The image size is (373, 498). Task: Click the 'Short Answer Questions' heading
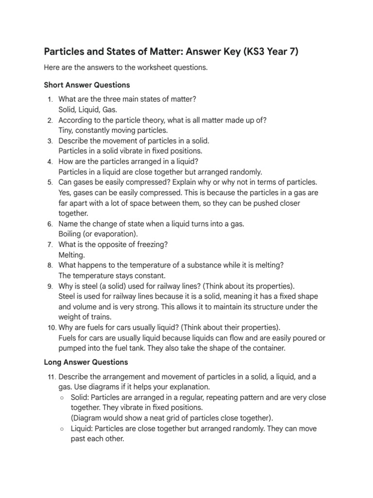coord(87,85)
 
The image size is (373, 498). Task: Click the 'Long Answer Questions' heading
coord(86,362)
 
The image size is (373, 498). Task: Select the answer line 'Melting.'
coord(71,255)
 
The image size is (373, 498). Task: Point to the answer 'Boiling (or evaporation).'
coord(98,234)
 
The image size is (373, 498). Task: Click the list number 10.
coord(51,327)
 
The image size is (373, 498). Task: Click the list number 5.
coord(50,182)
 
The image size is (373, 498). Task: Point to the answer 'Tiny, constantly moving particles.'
coord(113,130)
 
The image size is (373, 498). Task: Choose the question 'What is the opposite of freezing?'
coord(113,244)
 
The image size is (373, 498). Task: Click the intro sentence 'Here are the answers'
coord(126,68)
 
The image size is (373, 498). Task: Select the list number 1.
coord(50,99)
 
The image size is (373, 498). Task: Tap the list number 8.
coord(50,266)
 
